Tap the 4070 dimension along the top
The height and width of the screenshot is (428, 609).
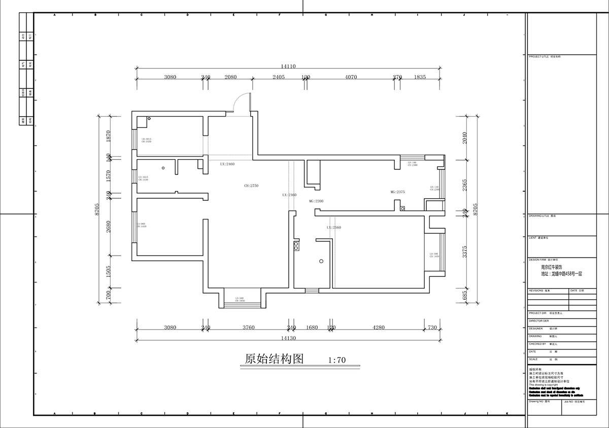click(351, 77)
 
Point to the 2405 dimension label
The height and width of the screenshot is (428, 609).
click(279, 77)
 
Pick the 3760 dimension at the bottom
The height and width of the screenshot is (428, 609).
click(248, 328)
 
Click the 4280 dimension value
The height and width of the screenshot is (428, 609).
click(379, 328)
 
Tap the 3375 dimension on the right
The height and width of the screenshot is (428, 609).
click(464, 252)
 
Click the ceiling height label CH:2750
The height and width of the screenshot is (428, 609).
click(251, 186)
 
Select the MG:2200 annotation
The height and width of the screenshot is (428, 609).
click(316, 201)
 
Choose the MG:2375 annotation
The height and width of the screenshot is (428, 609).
click(397, 192)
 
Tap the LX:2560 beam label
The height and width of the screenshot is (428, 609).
click(334, 228)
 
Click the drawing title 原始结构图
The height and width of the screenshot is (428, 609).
click(274, 359)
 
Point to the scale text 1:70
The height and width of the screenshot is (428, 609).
click(337, 361)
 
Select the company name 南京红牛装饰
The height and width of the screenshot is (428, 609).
click(552, 267)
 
